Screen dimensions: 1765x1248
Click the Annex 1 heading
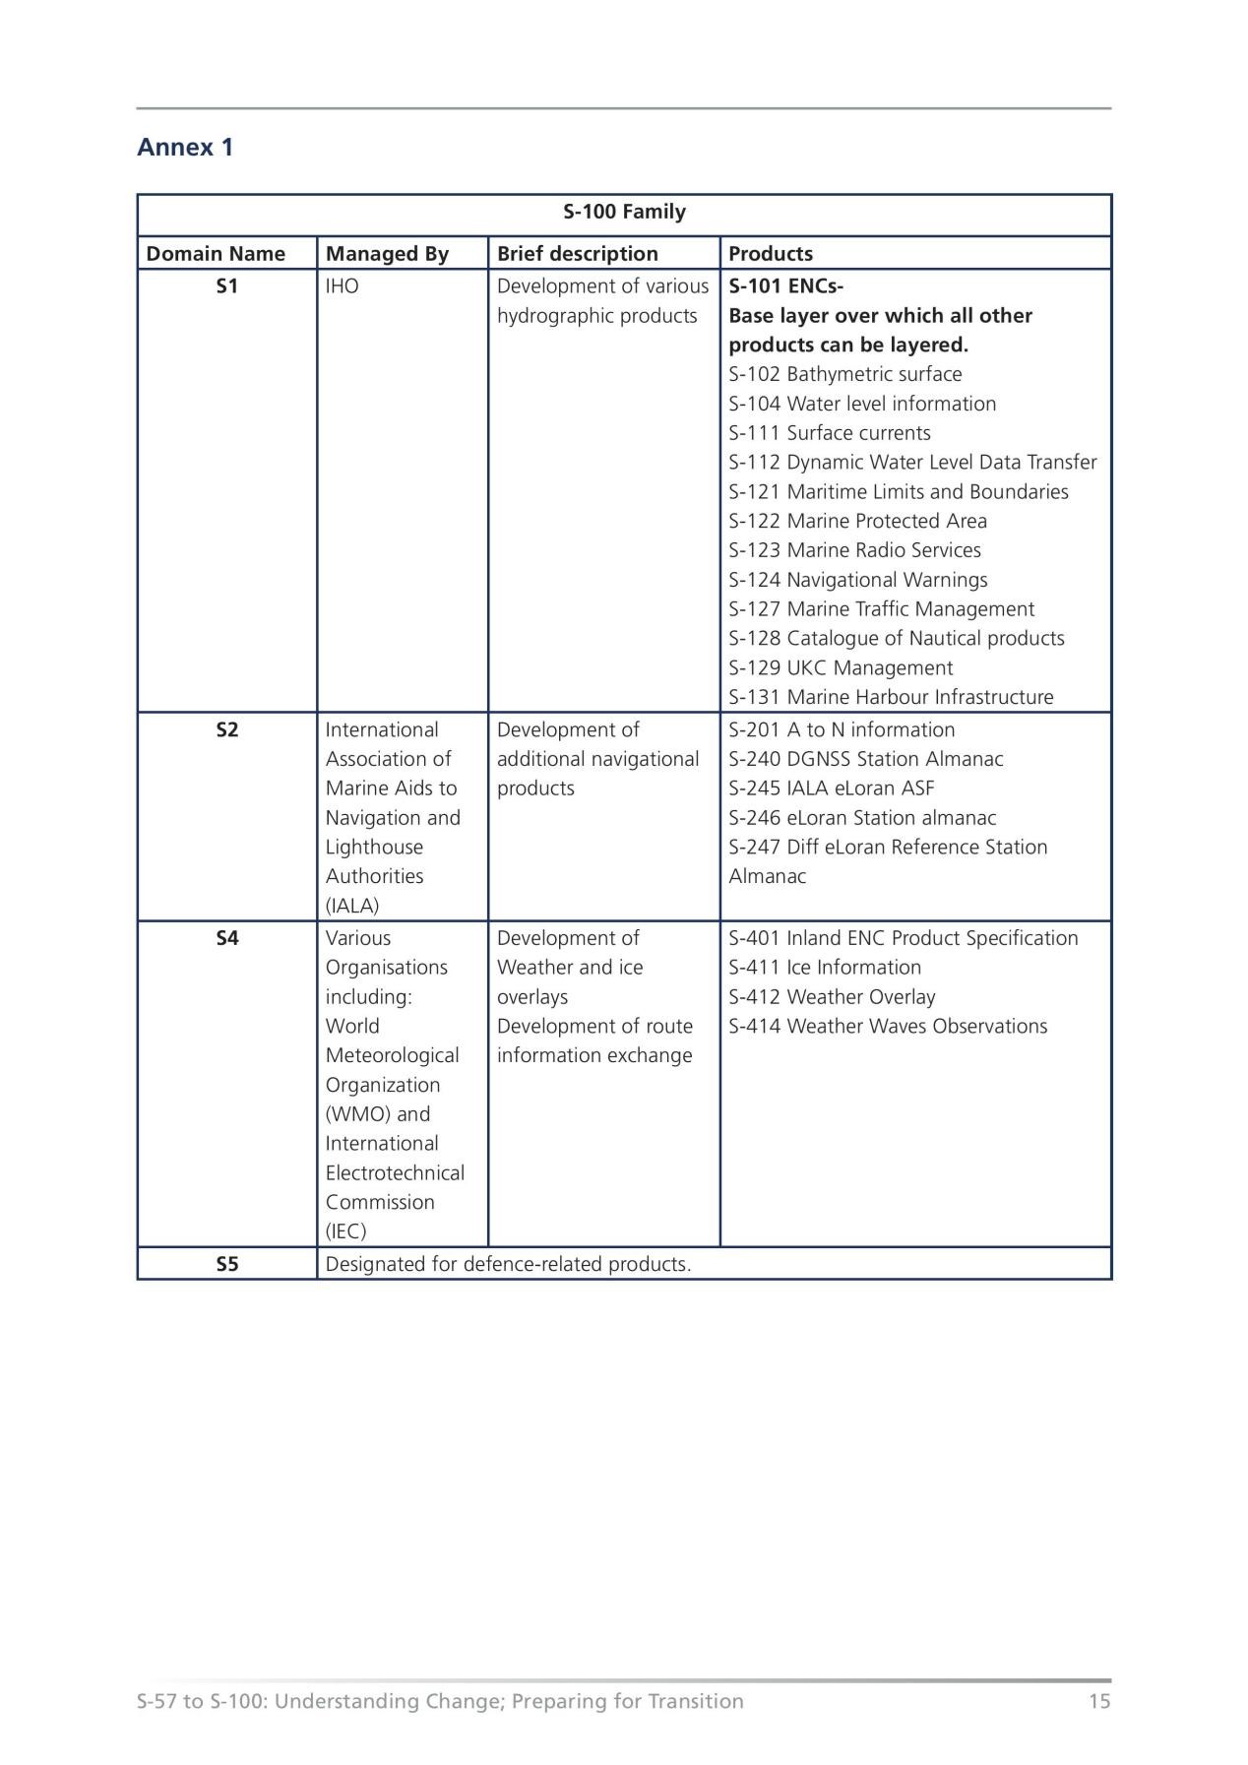point(185,148)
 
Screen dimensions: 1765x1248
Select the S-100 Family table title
point(624,212)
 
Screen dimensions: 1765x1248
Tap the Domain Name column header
point(216,254)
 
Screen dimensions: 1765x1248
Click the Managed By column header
point(387,254)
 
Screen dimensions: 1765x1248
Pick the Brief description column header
point(577,254)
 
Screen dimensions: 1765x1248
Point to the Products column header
point(770,254)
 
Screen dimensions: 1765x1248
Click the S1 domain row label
point(226,286)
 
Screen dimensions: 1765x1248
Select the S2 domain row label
point(226,729)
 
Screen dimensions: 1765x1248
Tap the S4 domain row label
point(226,938)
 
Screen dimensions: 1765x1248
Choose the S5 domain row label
point(226,1264)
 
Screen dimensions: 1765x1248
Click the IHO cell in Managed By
point(342,286)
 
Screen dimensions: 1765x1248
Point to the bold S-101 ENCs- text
point(785,286)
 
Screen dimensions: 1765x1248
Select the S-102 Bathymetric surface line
point(844,374)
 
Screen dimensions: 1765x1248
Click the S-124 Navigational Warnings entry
point(857,580)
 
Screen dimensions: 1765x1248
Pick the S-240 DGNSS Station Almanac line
point(865,759)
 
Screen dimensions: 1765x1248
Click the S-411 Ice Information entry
point(825,968)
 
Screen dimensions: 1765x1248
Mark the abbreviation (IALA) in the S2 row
point(351,906)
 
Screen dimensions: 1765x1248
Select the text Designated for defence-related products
point(508,1264)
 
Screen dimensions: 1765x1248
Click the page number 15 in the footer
point(1098,1701)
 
